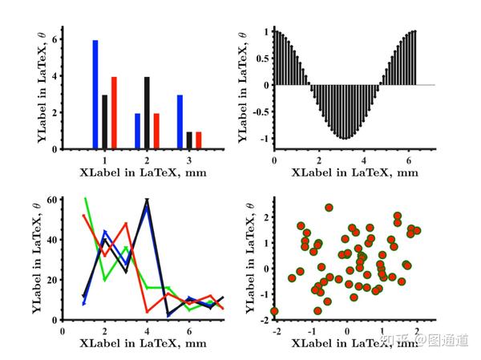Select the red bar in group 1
114,113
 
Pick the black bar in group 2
147,113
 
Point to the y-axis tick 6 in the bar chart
54,40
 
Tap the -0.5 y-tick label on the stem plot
261,111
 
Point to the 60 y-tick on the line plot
51,199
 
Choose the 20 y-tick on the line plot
51,279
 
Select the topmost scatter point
329,208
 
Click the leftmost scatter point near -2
274,311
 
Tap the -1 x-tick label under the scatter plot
310,330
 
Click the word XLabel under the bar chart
100,172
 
